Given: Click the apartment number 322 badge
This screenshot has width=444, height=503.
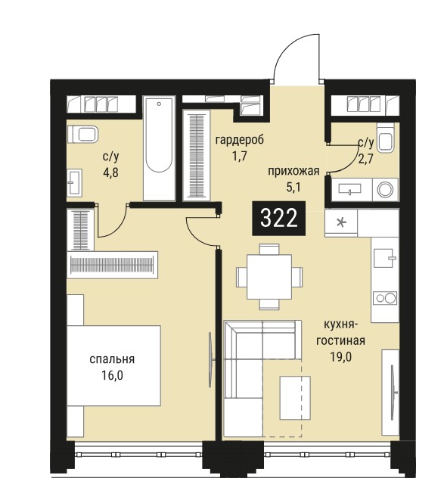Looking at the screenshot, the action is tap(278, 219).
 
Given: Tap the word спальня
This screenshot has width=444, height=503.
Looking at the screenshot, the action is tap(112, 359).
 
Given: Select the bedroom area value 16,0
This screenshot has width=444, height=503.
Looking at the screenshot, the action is tap(112, 374).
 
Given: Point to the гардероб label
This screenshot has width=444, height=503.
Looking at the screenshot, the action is tap(240, 140).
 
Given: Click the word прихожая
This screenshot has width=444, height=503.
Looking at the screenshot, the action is tap(293, 171).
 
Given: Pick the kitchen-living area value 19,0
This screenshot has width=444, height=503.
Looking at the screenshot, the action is tap(340, 356).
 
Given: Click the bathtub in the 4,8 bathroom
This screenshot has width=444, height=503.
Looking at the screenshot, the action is tap(160, 148).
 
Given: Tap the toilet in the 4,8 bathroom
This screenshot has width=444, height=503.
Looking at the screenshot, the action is tap(82, 135).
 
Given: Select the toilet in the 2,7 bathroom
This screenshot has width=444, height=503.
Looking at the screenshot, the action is tap(385, 138).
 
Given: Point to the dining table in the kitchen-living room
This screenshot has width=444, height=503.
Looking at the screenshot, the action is tap(269, 277).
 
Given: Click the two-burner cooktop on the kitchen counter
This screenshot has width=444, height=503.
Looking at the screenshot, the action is tap(385, 298).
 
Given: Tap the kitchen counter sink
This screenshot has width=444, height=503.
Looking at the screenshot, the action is tap(385, 258).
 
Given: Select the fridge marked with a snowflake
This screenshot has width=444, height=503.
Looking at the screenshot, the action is tap(341, 222).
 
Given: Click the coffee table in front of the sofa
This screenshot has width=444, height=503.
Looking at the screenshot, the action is tap(295, 398).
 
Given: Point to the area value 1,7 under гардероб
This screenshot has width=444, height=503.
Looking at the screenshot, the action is tap(240, 157).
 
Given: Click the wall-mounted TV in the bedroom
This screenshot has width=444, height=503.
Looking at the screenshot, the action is tap(211, 360).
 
